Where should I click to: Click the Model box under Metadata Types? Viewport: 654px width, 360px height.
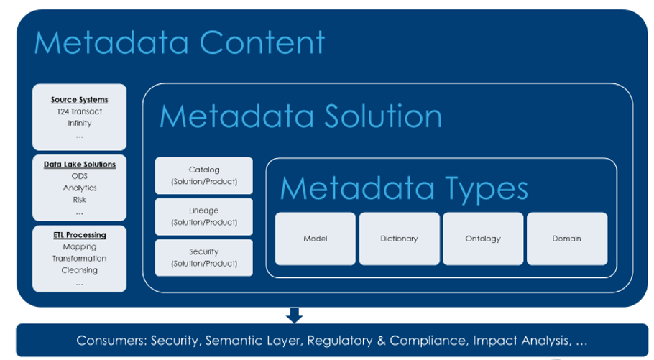[x=315, y=239]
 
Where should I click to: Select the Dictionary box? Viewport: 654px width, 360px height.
[x=399, y=239]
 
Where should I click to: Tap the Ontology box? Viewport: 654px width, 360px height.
[x=483, y=239]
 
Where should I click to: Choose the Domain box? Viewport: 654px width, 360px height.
[x=567, y=239]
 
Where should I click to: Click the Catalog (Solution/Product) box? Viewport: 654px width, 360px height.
[x=204, y=175]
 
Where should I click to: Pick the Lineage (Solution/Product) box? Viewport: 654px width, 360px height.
[x=204, y=216]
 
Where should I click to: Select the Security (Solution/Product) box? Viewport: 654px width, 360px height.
[x=204, y=257]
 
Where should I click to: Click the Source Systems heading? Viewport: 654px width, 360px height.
[x=79, y=100]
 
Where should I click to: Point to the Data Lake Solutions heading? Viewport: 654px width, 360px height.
[x=79, y=165]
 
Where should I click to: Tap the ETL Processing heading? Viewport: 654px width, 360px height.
[x=79, y=235]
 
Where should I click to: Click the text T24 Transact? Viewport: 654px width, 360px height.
[x=79, y=111]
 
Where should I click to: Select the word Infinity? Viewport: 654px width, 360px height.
[x=79, y=124]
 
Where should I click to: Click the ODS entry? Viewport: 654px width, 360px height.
[x=79, y=176]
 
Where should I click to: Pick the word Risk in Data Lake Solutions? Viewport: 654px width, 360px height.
[x=79, y=200]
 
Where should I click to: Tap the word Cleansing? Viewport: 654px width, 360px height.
[x=79, y=270]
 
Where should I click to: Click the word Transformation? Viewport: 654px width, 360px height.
[x=79, y=259]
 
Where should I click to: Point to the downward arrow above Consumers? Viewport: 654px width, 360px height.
[x=295, y=315]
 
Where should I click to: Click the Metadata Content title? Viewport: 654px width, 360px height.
[x=180, y=43]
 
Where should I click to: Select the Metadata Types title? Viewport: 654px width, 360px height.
[x=404, y=188]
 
